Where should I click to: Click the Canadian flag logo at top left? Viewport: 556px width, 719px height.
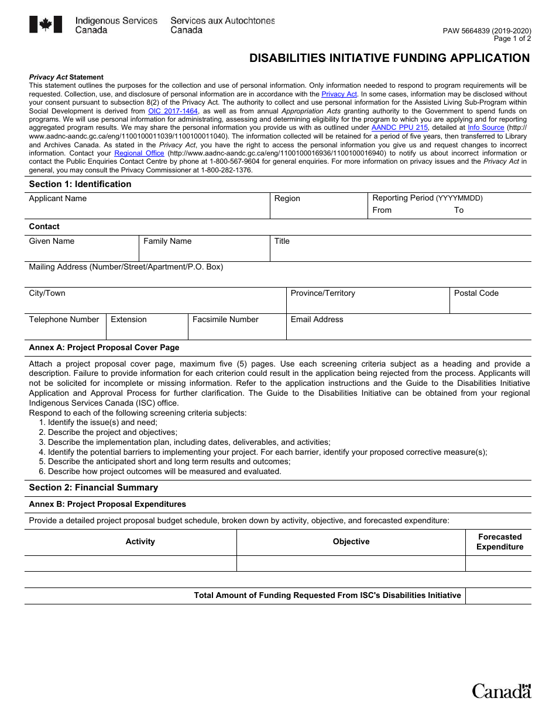[46, 25]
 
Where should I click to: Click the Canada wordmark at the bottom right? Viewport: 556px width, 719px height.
[502, 691]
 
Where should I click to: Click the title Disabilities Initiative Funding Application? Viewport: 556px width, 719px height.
[389, 58]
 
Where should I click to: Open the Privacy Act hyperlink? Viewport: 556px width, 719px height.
[339, 94]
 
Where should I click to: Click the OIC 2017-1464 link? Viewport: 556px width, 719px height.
[173, 111]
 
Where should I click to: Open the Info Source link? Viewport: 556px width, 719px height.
[486, 127]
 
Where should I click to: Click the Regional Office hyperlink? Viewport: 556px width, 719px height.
[139, 153]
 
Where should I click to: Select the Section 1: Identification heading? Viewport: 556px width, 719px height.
[80, 184]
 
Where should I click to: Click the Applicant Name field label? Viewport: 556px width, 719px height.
[58, 199]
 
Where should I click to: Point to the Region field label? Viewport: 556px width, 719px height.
[287, 199]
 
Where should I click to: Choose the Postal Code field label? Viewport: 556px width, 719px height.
[476, 293]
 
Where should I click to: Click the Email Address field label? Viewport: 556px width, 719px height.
[317, 320]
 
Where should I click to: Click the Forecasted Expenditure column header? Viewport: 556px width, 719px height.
[499, 542]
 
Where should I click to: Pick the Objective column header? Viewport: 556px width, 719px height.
[351, 542]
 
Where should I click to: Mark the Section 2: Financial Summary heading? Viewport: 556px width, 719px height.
[94, 488]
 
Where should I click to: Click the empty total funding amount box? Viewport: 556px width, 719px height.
[498, 596]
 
